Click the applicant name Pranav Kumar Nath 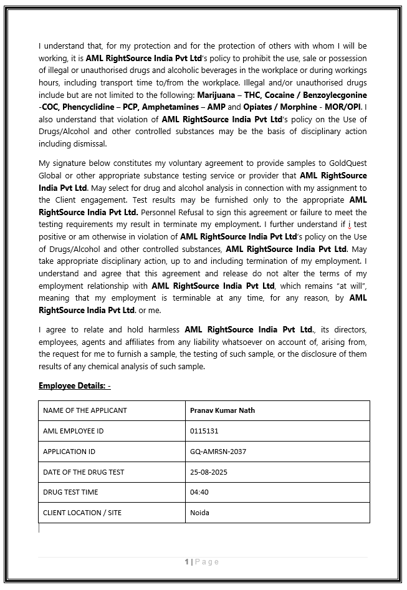point(223,410)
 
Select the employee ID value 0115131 point(204,431)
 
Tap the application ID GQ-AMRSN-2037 point(218,452)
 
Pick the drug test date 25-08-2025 point(209,472)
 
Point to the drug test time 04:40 point(199,492)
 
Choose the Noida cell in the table point(199,513)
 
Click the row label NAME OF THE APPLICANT point(85,410)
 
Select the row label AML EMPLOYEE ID point(74,431)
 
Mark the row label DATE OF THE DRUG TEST point(83,472)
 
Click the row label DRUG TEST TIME point(70,492)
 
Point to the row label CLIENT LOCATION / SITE point(82,513)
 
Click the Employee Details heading point(75,386)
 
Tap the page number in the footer point(187,562)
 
